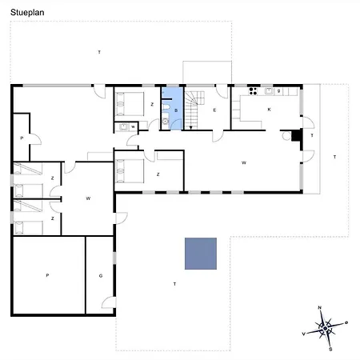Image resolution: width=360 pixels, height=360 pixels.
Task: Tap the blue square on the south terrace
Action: [201, 253]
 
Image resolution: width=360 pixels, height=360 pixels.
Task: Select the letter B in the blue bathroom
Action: [175, 110]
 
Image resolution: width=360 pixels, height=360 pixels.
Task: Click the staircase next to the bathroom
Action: [194, 107]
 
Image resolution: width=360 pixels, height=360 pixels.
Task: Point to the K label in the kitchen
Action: [269, 110]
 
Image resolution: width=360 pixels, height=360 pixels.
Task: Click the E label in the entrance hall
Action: [215, 110]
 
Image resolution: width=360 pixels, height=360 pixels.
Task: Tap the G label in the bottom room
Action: [101, 275]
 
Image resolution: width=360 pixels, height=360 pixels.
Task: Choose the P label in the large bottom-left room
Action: [47, 275]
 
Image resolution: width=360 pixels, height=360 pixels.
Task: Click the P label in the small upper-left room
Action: [21, 138]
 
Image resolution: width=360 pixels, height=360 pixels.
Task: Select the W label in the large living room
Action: [243, 162]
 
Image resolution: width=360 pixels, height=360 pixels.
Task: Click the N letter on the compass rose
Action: [319, 308]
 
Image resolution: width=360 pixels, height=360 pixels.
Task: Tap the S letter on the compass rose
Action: [330, 348]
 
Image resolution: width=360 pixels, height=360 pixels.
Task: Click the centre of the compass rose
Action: [325, 328]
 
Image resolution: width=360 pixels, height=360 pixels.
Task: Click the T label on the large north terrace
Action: [99, 52]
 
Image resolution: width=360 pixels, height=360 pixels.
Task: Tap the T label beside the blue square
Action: [174, 284]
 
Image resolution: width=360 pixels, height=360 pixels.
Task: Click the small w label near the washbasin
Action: [133, 126]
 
